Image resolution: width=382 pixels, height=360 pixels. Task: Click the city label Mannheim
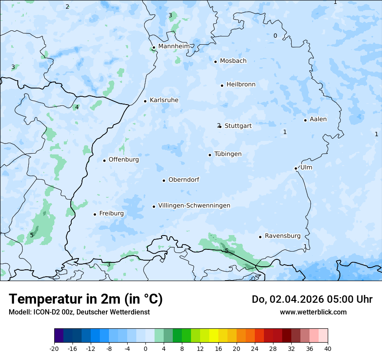point(174,46)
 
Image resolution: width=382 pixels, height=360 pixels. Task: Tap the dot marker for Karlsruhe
point(145,101)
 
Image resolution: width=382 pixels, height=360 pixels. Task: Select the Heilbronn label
point(241,85)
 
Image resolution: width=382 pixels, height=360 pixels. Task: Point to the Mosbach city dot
point(215,62)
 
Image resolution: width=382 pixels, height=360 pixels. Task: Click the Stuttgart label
point(238,126)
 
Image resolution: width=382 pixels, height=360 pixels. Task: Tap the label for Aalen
point(318,119)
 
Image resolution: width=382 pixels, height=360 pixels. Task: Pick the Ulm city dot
point(296,168)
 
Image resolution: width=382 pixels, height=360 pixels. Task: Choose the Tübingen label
point(228,154)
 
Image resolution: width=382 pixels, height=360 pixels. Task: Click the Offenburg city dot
point(104,160)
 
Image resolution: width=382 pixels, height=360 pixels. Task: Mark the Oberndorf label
point(184,180)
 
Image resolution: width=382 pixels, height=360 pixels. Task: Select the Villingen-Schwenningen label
point(194,206)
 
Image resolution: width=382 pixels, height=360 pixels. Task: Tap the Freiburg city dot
point(95,214)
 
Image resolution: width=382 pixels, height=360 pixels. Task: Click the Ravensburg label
point(283,236)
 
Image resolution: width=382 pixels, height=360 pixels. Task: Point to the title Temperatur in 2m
point(86,299)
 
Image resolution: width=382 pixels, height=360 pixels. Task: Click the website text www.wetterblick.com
point(313,312)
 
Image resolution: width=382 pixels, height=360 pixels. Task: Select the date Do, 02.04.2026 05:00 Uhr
point(312,299)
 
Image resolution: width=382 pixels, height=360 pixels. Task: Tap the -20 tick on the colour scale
point(54,348)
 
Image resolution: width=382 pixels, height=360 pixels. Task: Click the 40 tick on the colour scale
point(328,348)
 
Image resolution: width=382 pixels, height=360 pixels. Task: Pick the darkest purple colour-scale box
point(59,336)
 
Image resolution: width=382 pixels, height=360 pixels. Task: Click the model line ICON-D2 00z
point(79,312)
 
